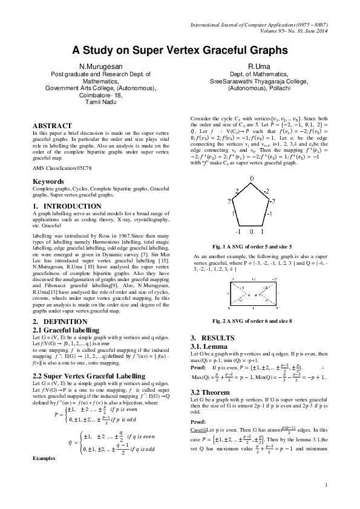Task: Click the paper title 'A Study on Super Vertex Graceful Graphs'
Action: pyautogui.click(x=180, y=51)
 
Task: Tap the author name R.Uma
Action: pyautogui.click(x=258, y=65)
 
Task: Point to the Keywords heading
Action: pyautogui.click(x=48, y=181)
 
